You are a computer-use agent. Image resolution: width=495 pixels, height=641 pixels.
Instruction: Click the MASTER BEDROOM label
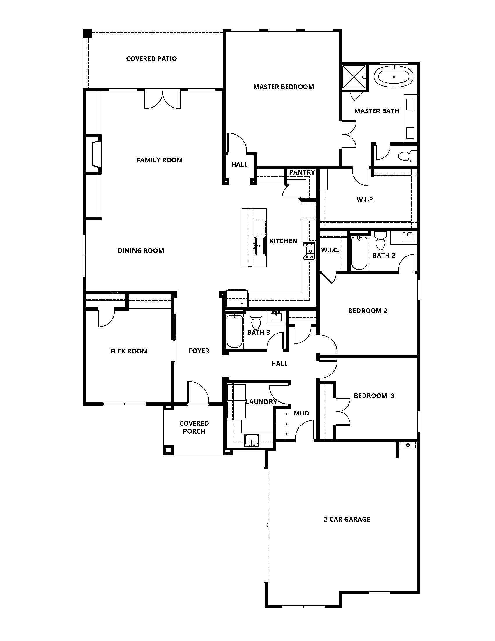tap(284, 87)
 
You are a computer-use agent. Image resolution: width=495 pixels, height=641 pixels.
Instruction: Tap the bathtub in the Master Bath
tap(394, 77)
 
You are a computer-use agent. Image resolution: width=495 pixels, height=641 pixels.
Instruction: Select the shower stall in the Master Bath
tap(354, 77)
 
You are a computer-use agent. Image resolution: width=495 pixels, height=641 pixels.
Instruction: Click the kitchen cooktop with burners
tap(309, 251)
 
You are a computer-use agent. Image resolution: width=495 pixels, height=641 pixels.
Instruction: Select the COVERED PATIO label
tap(151, 59)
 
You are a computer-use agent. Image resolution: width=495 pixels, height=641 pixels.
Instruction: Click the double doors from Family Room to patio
tap(162, 99)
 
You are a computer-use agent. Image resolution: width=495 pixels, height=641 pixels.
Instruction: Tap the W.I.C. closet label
tap(330, 250)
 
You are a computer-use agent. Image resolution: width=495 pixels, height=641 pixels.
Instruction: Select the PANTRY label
tap(302, 172)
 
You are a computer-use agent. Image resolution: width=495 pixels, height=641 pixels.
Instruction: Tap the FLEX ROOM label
tap(129, 351)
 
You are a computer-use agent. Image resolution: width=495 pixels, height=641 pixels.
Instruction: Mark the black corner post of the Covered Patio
tap(87, 34)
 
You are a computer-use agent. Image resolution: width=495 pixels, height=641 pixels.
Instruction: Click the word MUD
tap(301, 413)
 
